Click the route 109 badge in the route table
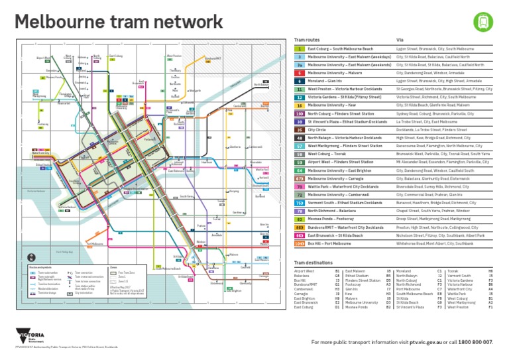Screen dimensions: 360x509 300,244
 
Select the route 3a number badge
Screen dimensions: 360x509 300,65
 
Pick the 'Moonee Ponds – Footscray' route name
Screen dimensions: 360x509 330,219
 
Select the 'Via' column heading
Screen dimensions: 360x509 400,40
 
